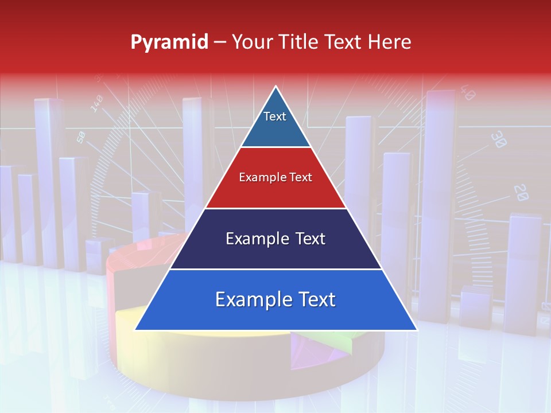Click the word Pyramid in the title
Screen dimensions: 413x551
[169, 42]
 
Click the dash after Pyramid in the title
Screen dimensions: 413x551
[220, 42]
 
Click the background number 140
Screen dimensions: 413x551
[96, 104]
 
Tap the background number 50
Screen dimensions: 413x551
[81, 137]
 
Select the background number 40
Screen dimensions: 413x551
[467, 93]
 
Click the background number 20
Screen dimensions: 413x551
[521, 193]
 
